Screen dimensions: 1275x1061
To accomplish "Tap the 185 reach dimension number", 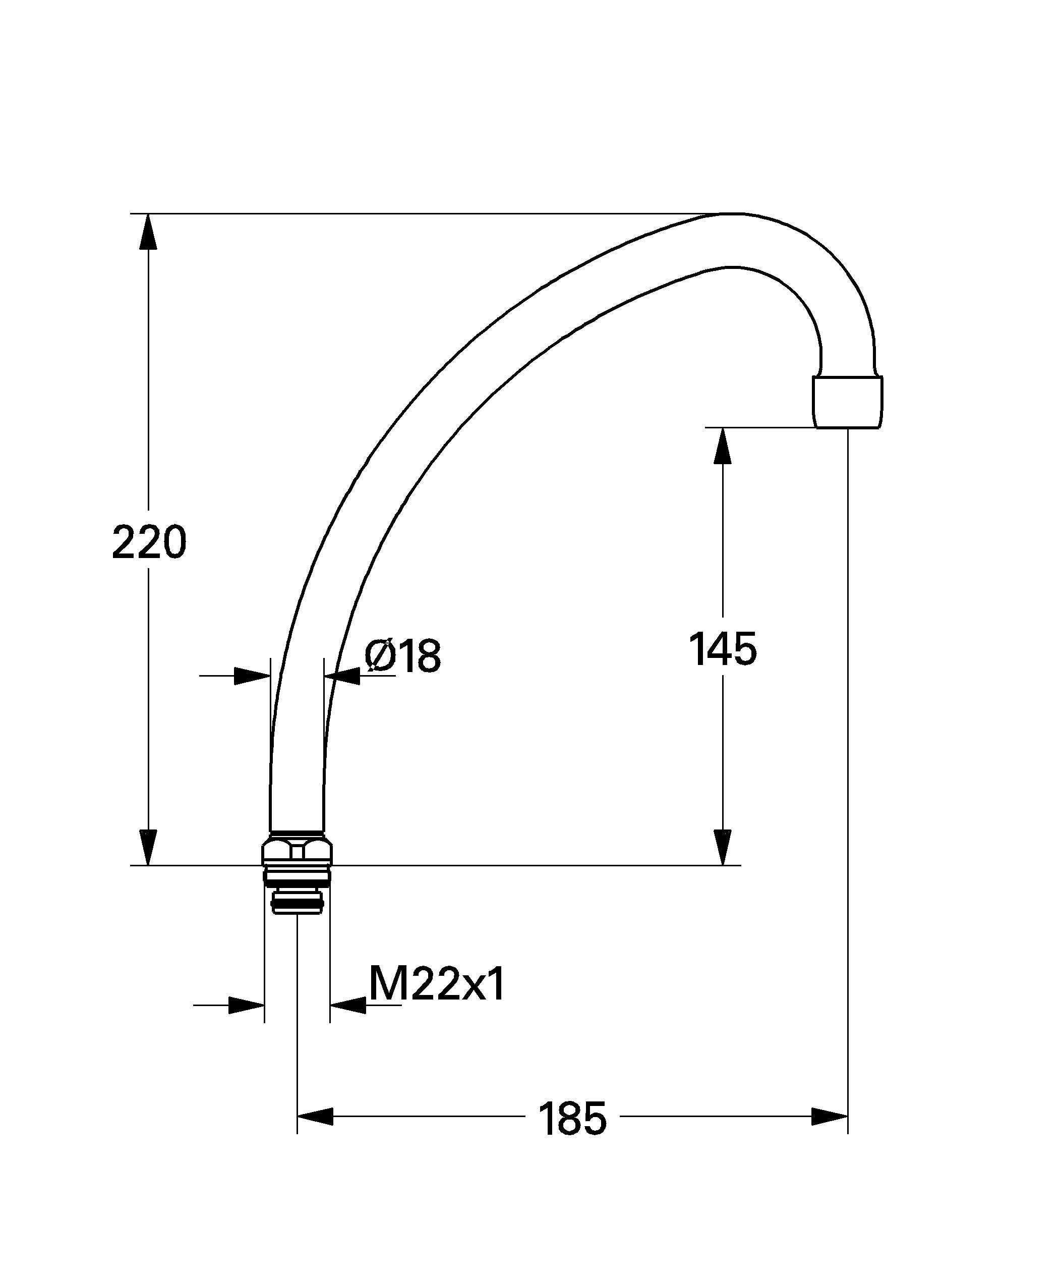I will tap(572, 1119).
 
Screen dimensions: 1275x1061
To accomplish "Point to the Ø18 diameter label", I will tap(402, 656).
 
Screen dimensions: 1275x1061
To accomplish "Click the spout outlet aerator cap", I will tap(847, 403).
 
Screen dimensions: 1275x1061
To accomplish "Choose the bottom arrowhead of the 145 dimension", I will tap(722, 847).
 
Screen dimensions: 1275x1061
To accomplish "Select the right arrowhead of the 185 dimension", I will tap(829, 1117).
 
